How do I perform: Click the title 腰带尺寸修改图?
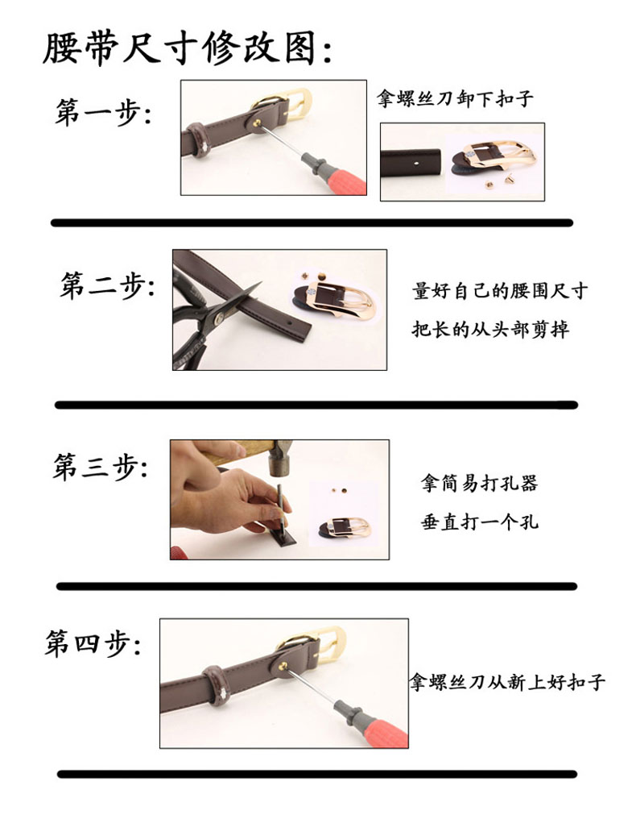pos(187,48)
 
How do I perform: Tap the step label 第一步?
pos(103,112)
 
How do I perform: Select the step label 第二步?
pos(108,285)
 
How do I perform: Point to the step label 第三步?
pos(100,466)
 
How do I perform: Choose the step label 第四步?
pos(93,642)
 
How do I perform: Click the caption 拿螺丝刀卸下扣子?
pos(456,98)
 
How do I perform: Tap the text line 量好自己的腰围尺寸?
pos(500,290)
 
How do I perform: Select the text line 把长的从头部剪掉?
pos(490,329)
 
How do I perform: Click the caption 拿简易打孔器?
pos(479,483)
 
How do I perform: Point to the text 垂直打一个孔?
pos(480,522)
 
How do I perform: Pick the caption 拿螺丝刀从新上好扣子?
pos(507,682)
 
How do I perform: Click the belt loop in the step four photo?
pos(214,684)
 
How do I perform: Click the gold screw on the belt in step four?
pos(283,666)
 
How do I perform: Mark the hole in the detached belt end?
pos(416,163)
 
